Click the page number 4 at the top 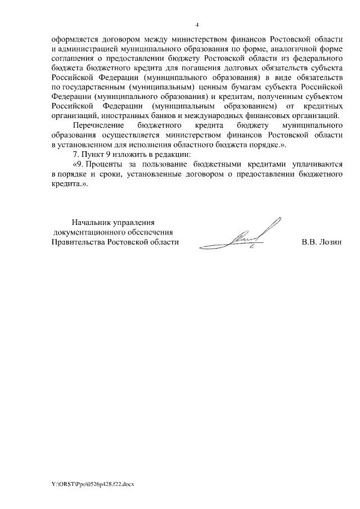click(x=197, y=25)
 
